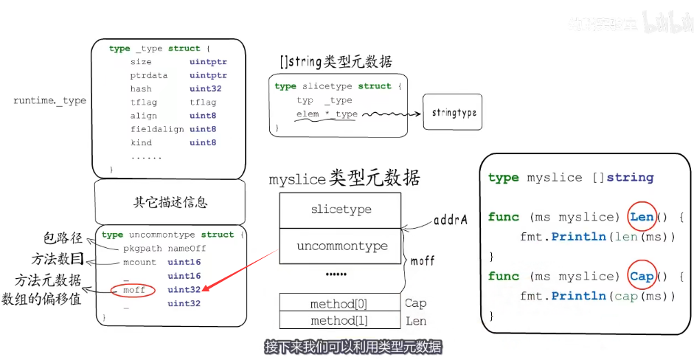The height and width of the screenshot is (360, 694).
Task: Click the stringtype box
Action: pos(452,113)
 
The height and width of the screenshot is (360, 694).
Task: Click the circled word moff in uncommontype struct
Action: pos(134,290)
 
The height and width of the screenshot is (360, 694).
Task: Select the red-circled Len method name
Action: pos(642,217)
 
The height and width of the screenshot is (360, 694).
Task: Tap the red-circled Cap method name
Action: pos(642,277)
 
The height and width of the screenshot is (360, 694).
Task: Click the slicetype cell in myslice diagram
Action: pos(340,210)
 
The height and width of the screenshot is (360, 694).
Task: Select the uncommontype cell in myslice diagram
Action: pos(340,246)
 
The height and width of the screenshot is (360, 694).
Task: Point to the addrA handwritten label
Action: pos(451,220)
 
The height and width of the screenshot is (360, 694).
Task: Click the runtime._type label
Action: pos(50,100)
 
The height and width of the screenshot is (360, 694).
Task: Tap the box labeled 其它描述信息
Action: pos(170,202)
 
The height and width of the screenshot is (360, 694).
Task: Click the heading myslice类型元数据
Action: pos(344,178)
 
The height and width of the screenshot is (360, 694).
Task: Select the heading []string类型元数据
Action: pos(336,62)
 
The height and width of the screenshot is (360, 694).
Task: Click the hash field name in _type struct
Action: pos(141,89)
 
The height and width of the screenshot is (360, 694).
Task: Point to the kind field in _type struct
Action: pos(141,142)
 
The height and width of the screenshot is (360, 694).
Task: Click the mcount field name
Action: pos(140,262)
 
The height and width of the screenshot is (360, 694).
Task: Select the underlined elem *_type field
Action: pos(326,114)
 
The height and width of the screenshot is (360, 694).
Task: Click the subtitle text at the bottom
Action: pos(353,346)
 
